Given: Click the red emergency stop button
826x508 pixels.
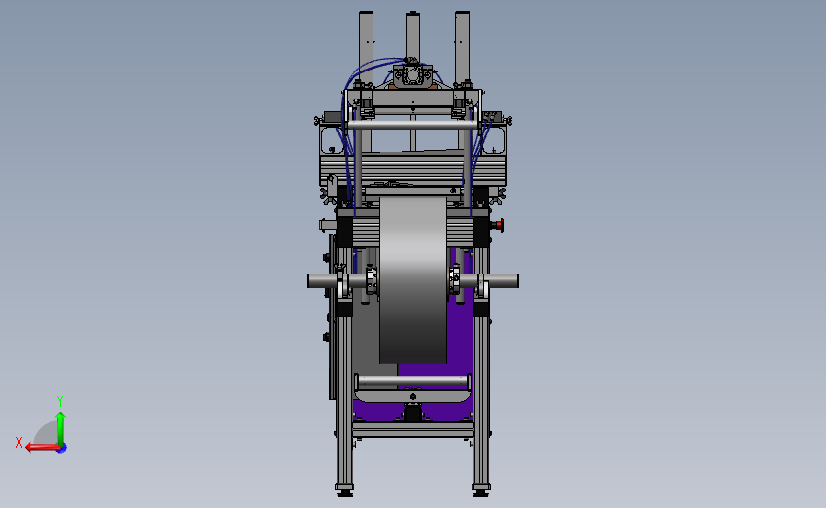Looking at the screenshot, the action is tap(498, 226).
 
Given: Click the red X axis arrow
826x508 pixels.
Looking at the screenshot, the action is tap(42, 447).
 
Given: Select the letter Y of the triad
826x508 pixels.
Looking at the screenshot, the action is tap(59, 401).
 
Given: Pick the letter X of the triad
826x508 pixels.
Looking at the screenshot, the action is tap(19, 442).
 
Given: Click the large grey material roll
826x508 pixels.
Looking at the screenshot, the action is tap(413, 280).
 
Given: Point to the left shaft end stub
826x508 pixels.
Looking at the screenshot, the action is tap(322, 281).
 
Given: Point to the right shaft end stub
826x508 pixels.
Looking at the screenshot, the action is tap(503, 281).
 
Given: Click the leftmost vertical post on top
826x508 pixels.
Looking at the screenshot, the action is tap(366, 48).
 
